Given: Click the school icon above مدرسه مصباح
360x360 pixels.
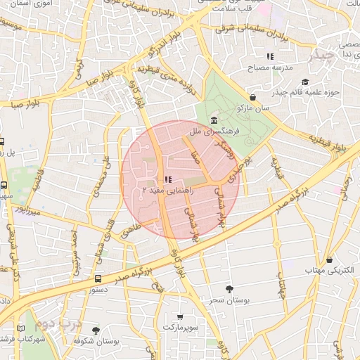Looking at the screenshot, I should click(270, 56).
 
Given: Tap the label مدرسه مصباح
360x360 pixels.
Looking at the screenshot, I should click(270, 68).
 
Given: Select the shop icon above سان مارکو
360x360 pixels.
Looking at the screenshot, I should click(252, 97).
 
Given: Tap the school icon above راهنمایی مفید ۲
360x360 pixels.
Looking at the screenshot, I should click(167, 179).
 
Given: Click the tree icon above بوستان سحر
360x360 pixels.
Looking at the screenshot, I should click(229, 288).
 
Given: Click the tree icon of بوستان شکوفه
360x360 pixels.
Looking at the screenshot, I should click(96, 330).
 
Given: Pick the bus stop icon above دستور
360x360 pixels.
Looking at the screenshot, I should click(97, 278).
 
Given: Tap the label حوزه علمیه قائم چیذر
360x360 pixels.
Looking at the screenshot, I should click(313, 92).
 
